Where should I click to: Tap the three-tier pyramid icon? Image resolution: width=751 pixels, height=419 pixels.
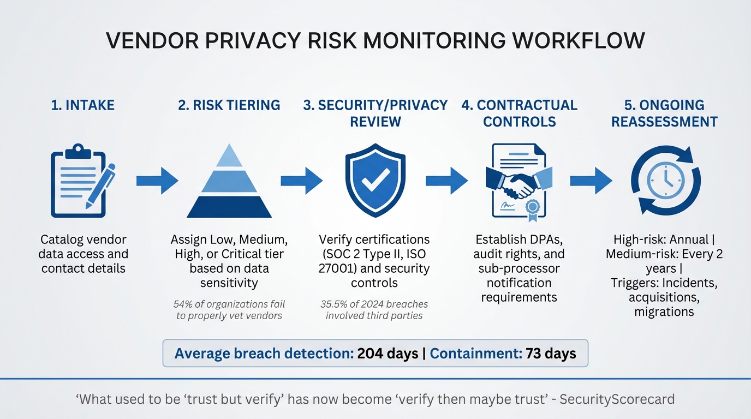point(229,181)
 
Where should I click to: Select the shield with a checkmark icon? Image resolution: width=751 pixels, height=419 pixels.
point(375,180)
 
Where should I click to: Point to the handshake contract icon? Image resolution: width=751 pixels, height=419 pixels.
point(519,181)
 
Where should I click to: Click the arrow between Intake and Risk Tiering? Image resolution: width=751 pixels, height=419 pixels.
point(157,181)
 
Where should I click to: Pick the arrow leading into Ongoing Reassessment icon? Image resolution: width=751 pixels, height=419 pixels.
point(591,181)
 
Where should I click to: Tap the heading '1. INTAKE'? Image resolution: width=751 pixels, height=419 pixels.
point(83,105)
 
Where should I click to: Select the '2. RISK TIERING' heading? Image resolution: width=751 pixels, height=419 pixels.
point(229,105)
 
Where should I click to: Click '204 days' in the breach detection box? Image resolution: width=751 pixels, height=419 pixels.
point(388,354)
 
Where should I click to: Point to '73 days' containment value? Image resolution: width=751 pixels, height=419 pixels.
point(551,354)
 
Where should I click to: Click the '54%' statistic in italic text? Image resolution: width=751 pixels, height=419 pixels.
point(183,304)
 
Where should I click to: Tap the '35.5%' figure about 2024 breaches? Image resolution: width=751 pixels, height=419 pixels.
point(334,304)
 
